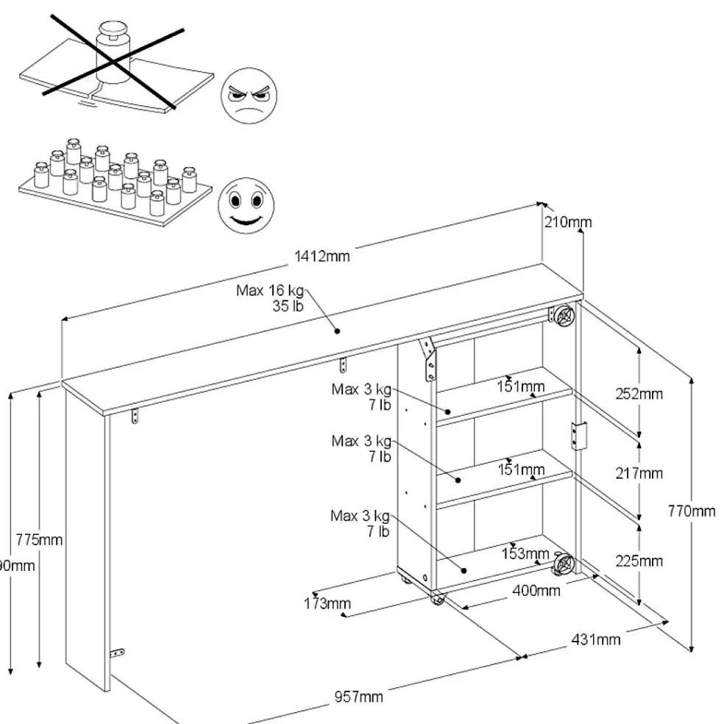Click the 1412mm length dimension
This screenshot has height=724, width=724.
click(x=322, y=257)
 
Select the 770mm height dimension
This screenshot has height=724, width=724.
click(x=691, y=511)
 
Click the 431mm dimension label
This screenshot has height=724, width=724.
click(x=595, y=639)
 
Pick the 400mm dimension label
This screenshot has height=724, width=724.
click(x=536, y=590)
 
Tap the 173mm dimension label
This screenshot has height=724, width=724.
click(x=327, y=604)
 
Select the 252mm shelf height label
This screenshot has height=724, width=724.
click(x=639, y=394)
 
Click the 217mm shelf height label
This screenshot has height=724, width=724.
click(x=639, y=473)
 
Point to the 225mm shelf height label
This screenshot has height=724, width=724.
click(x=639, y=561)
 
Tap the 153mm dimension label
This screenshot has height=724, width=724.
click(x=525, y=554)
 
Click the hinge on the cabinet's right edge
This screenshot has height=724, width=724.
click(x=579, y=436)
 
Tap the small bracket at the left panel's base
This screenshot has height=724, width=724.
click(x=116, y=653)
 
